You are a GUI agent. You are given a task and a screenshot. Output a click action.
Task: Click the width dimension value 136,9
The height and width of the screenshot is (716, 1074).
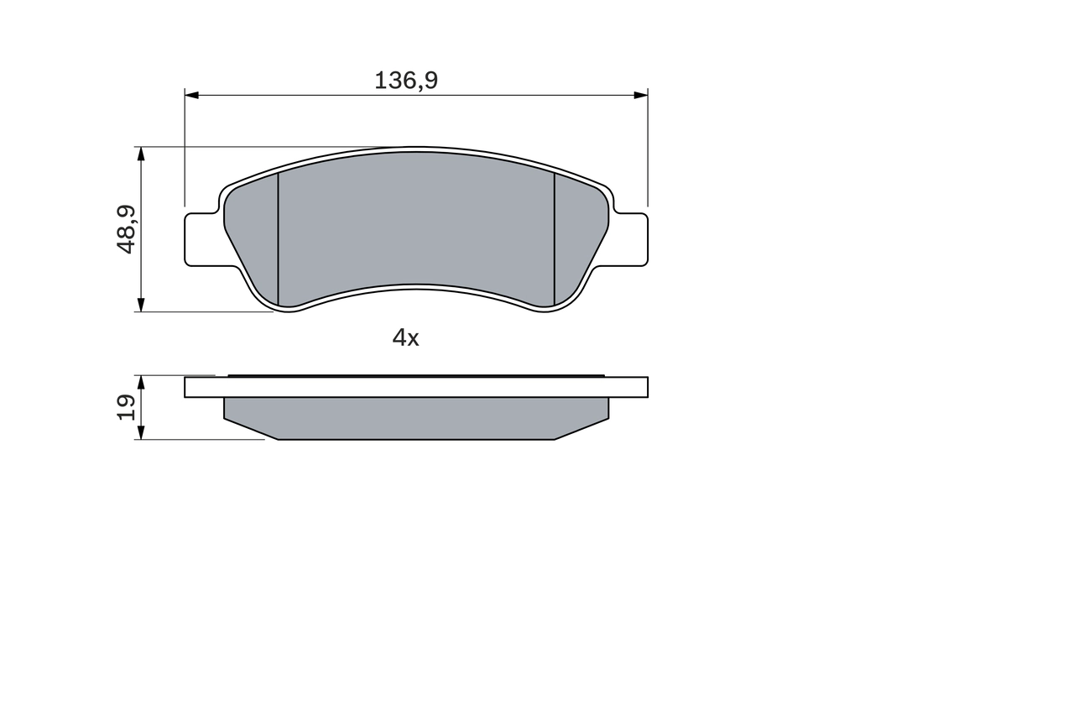tap(406, 81)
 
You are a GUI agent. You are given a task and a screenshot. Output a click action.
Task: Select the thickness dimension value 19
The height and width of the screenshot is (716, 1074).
tap(127, 407)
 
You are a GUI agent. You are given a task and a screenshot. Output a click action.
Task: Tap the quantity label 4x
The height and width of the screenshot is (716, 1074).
tap(405, 337)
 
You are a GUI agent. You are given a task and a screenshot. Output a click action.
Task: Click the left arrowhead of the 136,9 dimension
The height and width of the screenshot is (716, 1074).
tap(192, 95)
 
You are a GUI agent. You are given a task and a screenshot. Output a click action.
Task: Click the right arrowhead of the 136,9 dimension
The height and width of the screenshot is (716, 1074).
tap(640, 95)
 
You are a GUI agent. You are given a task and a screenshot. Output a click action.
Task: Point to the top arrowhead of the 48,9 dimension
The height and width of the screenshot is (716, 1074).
tap(141, 154)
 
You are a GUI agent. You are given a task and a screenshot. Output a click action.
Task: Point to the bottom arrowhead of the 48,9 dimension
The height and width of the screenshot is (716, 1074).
tap(141, 305)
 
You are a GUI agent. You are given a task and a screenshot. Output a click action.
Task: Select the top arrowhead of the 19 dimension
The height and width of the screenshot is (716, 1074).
tap(141, 383)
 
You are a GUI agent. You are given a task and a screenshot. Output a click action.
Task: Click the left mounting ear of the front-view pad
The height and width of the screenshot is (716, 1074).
tap(202, 239)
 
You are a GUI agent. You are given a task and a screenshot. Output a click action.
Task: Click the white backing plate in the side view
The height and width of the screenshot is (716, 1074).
tap(415, 387)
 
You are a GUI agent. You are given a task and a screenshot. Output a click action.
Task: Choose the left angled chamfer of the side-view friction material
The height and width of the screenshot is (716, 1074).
tap(251, 428)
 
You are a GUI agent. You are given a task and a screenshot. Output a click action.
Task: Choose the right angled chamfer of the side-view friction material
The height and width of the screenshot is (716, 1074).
tap(581, 428)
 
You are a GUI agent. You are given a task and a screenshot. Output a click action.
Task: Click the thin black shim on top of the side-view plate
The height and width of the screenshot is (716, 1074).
tap(415, 375)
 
